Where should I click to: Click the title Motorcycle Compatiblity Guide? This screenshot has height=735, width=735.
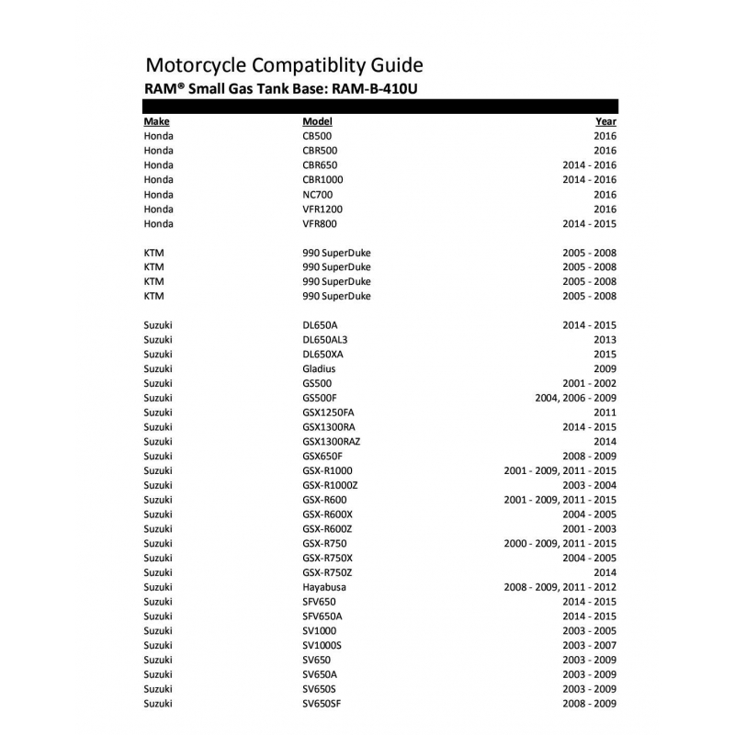coord(284,65)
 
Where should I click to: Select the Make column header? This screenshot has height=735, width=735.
coord(157,121)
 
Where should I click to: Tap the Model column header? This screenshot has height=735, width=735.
coord(317,121)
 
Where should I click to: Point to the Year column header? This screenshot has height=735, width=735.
coord(605,121)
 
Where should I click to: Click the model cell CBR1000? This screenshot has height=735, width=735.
coord(322,179)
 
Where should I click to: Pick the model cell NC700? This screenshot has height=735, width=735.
coord(317,194)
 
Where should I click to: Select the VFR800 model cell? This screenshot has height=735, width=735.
coord(319,223)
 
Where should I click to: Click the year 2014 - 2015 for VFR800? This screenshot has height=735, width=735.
coord(589,223)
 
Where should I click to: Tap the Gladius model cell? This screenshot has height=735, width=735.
coord(318,368)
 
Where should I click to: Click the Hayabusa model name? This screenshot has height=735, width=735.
coord(322,587)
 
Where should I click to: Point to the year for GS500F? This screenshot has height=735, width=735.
coord(575,398)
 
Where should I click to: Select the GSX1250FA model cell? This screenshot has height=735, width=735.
coord(328,413)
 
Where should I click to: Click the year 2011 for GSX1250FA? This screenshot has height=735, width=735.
coord(605,413)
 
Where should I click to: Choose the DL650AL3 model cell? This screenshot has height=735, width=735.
coord(325,340)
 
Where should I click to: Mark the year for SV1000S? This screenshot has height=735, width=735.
coord(589,645)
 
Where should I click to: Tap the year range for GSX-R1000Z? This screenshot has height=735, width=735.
coord(589,485)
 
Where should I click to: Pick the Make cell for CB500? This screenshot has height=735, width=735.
coord(158,136)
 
